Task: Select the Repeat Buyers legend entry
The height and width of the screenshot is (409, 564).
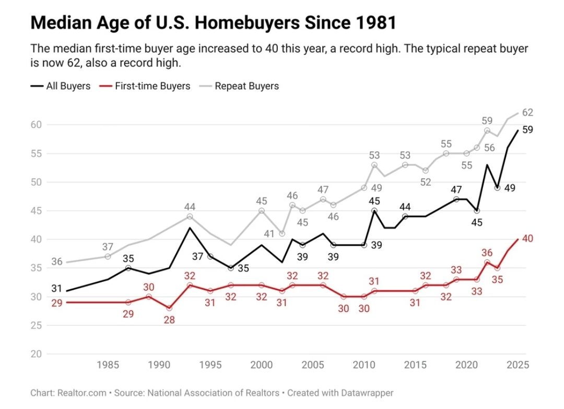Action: point(246,86)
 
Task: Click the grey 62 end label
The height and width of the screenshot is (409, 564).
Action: point(527,112)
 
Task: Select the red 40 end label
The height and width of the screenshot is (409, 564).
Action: point(527,238)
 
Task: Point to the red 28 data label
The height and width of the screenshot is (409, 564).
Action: point(169,320)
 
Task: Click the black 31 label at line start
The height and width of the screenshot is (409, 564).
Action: point(57,288)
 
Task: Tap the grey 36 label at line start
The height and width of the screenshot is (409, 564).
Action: point(57,262)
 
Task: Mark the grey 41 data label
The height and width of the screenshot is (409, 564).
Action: point(268,234)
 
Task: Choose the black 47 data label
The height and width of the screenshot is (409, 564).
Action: point(456,190)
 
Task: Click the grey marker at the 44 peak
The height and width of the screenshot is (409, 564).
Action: point(190,217)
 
